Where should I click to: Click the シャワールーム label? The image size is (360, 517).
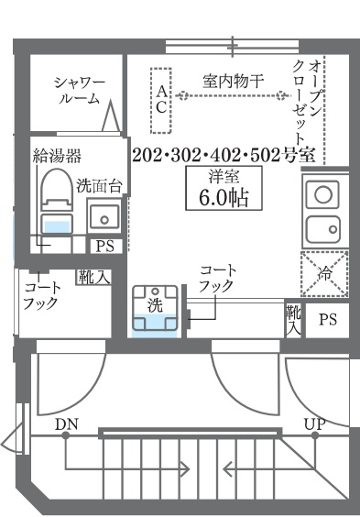pyautogui.click(x=79, y=91)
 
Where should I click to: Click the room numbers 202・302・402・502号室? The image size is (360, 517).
pyautogui.click(x=224, y=153)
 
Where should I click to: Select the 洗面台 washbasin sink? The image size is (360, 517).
pyautogui.click(x=103, y=217)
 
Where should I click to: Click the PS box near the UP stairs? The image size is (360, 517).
pyautogui.click(x=327, y=320)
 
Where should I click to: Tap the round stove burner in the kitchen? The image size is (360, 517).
pyautogui.click(x=322, y=193)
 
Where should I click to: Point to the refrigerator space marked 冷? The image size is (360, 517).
pyautogui.click(x=324, y=271)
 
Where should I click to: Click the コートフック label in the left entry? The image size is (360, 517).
pyautogui.click(x=41, y=294)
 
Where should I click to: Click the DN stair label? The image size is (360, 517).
pyautogui.click(x=65, y=423)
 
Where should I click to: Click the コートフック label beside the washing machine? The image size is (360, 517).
pyautogui.click(x=217, y=279)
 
